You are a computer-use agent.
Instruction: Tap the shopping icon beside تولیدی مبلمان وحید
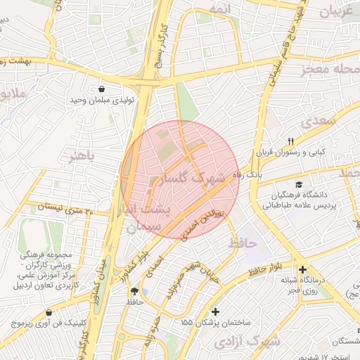tap(103, 89)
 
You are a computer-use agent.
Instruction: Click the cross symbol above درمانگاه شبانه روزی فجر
tap(302, 269)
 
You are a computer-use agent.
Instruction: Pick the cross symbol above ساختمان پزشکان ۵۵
tap(215, 311)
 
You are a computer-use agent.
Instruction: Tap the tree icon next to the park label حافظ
tap(134, 290)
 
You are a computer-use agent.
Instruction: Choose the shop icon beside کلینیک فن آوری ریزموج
tap(49, 312)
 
